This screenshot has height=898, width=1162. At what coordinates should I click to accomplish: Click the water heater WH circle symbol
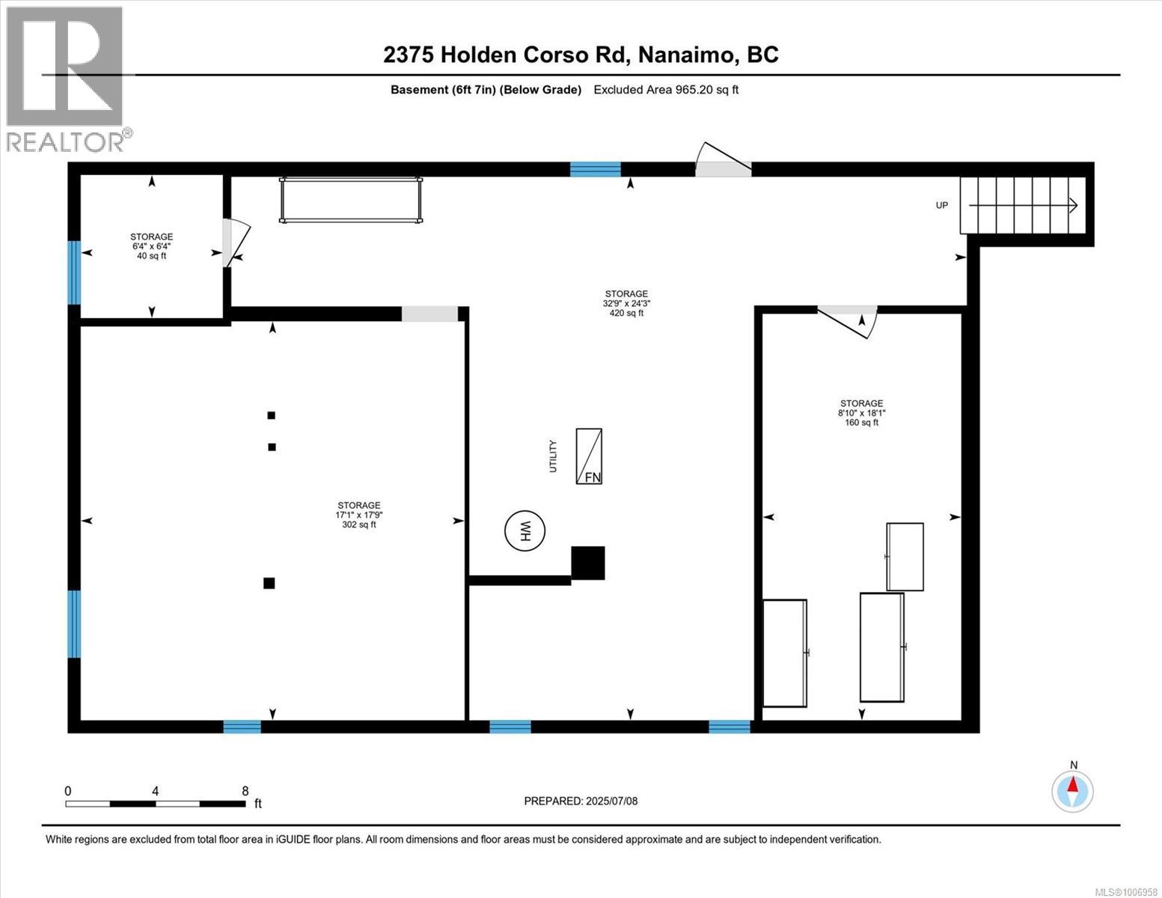coord(525,531)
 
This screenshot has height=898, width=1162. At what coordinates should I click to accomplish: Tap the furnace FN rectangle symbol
coord(589,456)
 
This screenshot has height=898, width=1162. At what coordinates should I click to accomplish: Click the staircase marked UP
coord(1023,205)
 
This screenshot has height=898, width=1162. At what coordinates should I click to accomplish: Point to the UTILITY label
coord(554,456)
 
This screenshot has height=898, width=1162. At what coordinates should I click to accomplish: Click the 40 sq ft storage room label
coord(151,246)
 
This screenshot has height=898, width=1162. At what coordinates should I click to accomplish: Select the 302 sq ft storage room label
coord(358,515)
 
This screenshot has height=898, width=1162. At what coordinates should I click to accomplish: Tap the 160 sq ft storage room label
coord(861,412)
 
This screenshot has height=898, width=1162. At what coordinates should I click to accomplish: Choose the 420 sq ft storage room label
coord(626,303)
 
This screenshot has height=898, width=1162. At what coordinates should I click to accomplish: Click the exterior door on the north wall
coord(723,162)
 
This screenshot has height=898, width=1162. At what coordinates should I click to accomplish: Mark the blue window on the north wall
coord(596,168)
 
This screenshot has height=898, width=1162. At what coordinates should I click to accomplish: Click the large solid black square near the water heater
coord(588,563)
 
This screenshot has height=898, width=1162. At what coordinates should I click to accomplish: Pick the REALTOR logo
coord(65,78)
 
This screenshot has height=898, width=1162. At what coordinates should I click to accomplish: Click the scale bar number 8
coord(245,790)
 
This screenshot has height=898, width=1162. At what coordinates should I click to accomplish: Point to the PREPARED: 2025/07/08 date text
coord(581,801)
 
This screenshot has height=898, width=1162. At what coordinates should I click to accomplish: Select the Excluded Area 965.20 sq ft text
coord(666,90)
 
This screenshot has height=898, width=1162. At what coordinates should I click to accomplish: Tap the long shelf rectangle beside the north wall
coord(351,200)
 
